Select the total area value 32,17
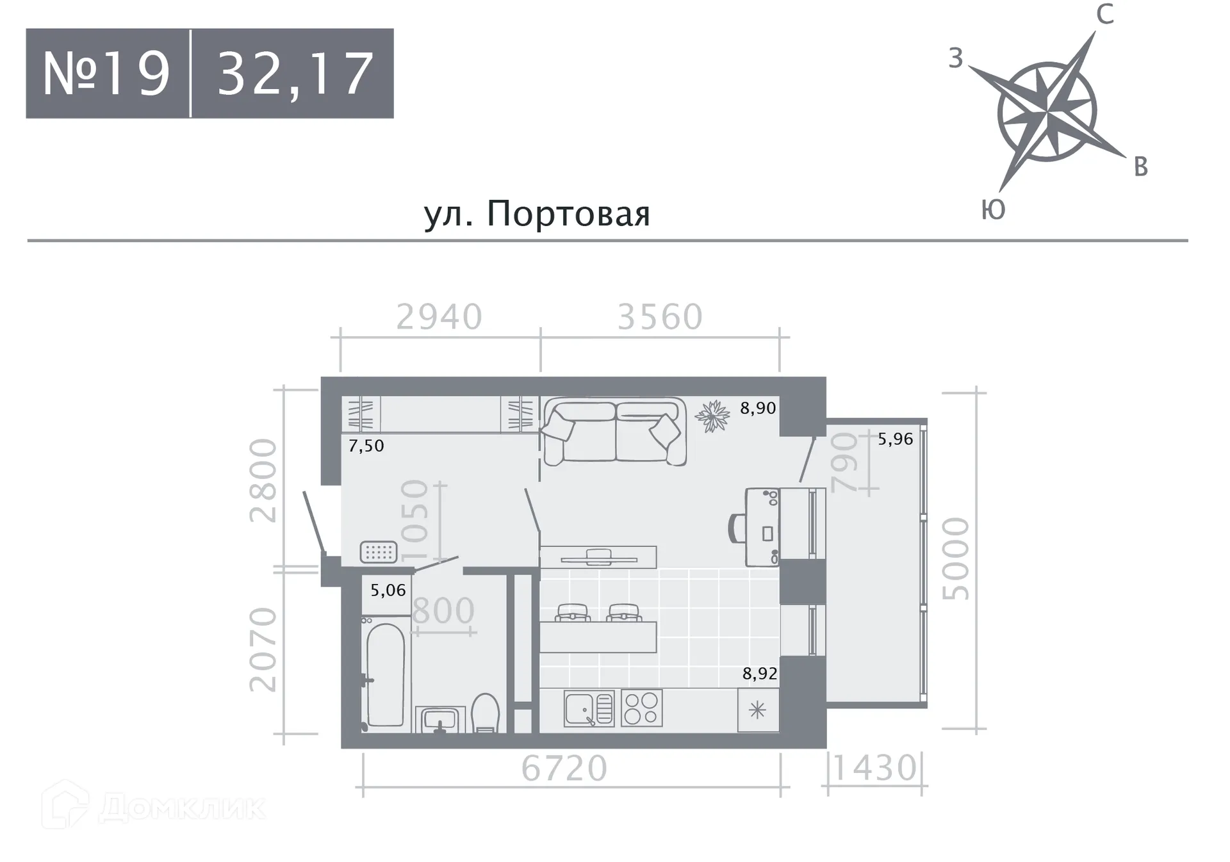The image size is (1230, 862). [295, 74]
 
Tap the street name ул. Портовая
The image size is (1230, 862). [537, 213]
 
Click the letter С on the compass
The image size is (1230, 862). [1104, 14]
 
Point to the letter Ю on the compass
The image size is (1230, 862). [993, 210]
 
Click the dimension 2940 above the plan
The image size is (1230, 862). [439, 317]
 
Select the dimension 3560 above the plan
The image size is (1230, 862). [660, 317]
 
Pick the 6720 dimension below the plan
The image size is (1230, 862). [564, 768]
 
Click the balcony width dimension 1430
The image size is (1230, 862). [874, 768]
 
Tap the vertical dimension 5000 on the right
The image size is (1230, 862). [956, 558]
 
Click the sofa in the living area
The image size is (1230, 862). [614, 430]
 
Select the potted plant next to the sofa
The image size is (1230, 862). [712, 416]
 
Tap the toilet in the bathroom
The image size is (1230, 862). [486, 713]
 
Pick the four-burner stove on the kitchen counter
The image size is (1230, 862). [641, 708]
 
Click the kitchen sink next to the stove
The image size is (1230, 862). [588, 708]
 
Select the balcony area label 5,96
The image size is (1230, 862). [895, 439]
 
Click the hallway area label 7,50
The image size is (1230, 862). [366, 446]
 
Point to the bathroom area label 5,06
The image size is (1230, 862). [388, 590]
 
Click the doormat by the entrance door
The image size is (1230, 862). [379, 551]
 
